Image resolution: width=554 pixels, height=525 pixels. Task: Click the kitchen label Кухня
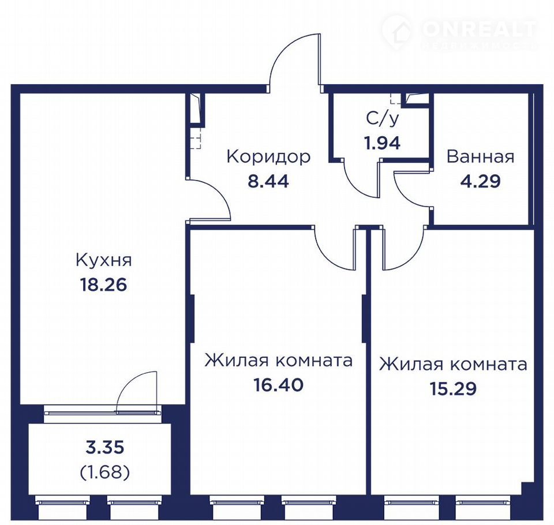(x=103, y=260)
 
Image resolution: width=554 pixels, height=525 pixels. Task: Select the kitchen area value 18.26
(x=103, y=284)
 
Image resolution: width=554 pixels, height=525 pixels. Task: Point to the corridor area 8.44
(x=268, y=181)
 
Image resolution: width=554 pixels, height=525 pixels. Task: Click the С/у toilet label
(x=383, y=119)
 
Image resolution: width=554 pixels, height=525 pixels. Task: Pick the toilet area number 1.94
(x=383, y=143)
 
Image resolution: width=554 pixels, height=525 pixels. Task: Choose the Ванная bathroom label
(x=481, y=156)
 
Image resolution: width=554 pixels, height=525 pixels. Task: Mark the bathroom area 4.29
(x=481, y=181)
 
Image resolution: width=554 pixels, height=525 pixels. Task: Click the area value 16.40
(x=278, y=384)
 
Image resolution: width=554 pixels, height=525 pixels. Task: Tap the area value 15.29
(x=454, y=388)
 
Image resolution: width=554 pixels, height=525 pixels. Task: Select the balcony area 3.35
(x=105, y=448)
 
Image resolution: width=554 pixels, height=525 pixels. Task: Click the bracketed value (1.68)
(x=105, y=472)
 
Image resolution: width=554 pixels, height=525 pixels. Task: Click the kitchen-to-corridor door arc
(x=220, y=191)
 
